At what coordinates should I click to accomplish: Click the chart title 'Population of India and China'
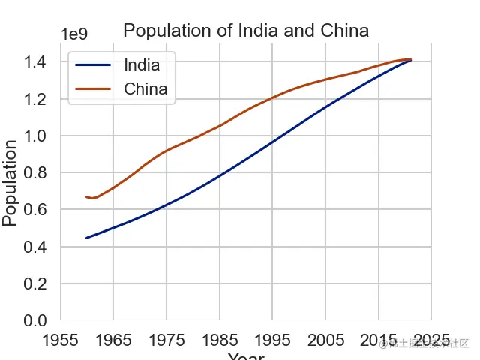pyautogui.click(x=246, y=31)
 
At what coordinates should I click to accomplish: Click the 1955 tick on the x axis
pyautogui.click(x=60, y=339)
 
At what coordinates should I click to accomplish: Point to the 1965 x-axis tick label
pyautogui.click(x=113, y=339)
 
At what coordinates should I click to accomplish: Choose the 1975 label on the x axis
pyautogui.click(x=166, y=339)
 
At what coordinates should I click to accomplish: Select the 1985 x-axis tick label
pyautogui.click(x=220, y=339)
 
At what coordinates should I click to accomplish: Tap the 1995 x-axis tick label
pyautogui.click(x=272, y=339)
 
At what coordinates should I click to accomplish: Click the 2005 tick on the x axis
pyautogui.click(x=325, y=339)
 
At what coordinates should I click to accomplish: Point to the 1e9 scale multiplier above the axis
pyautogui.click(x=74, y=34)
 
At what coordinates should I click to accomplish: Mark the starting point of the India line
pyautogui.click(x=87, y=238)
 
